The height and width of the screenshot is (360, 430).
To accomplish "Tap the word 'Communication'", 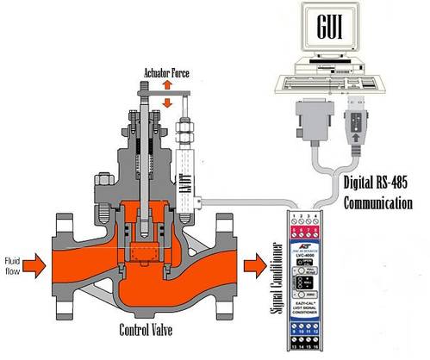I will coord(380,206).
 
